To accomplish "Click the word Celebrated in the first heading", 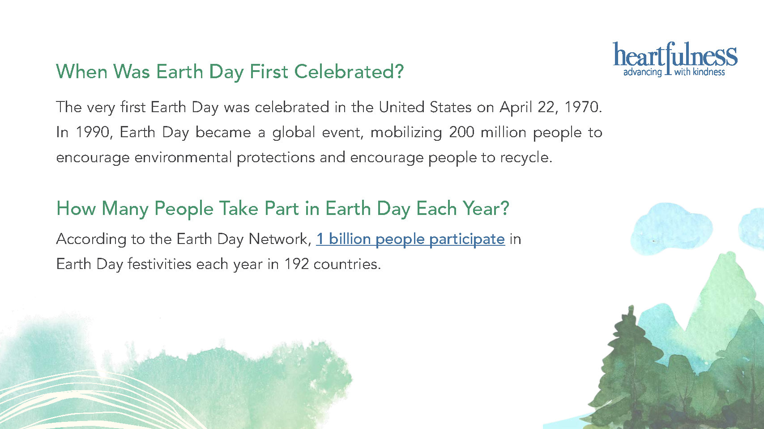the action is tap(349, 71).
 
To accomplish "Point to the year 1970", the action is tap(583, 107).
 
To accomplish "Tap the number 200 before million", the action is tap(461, 132).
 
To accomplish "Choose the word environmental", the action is tap(183, 157).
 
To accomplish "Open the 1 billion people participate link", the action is tap(410, 240).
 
